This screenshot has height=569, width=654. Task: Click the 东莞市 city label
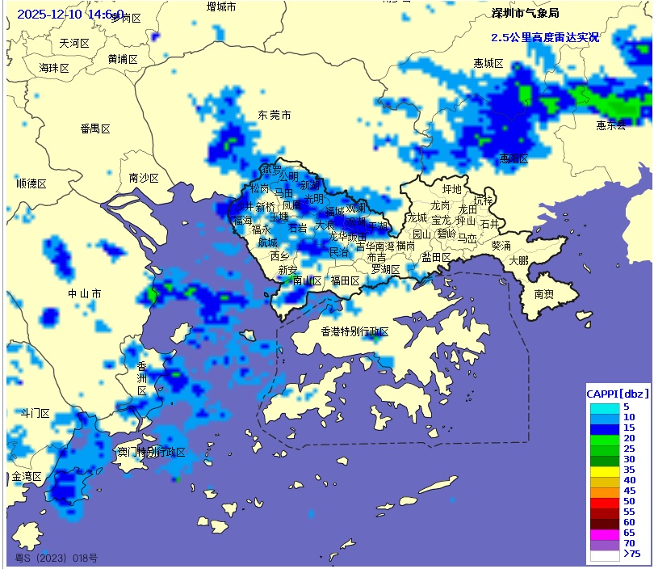pyautogui.click(x=275, y=116)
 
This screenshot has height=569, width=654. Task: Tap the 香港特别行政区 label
pyautogui.click(x=354, y=331)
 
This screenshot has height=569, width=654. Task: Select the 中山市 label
pyautogui.click(x=85, y=293)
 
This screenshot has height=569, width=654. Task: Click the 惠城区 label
pyautogui.click(x=488, y=63)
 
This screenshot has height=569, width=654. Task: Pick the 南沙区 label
pyautogui.click(x=144, y=178)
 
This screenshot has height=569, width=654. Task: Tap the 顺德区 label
pyautogui.click(x=31, y=183)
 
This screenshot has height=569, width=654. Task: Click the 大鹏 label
pyautogui.click(x=518, y=260)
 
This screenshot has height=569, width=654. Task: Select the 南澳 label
pyautogui.click(x=544, y=296)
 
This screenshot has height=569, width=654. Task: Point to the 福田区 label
pyautogui.click(x=345, y=280)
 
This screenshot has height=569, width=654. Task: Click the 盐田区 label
pyautogui.click(x=436, y=257)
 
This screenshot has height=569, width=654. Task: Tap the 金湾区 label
pyautogui.click(x=26, y=477)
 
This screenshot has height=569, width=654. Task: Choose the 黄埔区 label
pyautogui.click(x=123, y=59)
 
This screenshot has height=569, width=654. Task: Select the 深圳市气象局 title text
pyautogui.click(x=525, y=13)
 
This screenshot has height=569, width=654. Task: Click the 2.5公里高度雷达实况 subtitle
pyautogui.click(x=545, y=37)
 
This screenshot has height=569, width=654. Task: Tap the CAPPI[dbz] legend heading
pyautogui.click(x=618, y=394)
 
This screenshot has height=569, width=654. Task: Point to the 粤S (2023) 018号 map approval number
pyautogui.click(x=57, y=558)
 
